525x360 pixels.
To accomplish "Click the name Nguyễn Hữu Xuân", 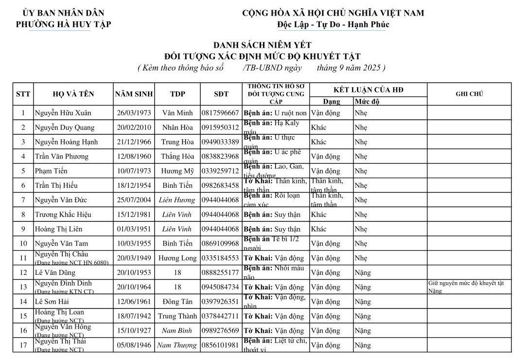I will pos(63,113).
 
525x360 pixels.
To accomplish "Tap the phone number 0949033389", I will pos(220,142).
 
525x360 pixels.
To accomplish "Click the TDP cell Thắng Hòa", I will pos(177,157).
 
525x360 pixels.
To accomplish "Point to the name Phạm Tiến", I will pos(51,171).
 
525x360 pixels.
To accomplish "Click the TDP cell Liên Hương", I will pos(177,200).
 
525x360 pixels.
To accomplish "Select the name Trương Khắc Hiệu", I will pos(63,215).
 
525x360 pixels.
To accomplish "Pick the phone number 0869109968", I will pos(220,244).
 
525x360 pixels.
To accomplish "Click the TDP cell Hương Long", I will pos(177,258).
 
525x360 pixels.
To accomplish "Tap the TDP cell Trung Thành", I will pos(177,316).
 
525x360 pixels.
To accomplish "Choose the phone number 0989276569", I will pos(220,331).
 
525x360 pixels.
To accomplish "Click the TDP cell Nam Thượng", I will pos(177,345).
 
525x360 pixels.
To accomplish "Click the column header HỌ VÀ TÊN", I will pos(73,94).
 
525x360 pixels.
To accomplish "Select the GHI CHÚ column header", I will pos(469,94).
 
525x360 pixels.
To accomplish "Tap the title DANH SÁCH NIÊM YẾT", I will pos(262,45).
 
